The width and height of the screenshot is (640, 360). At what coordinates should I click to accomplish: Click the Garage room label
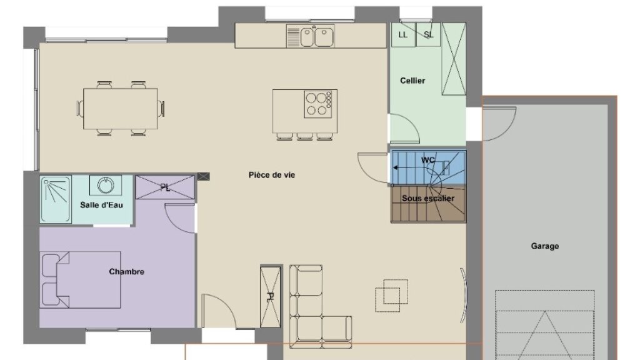click(x=544, y=246)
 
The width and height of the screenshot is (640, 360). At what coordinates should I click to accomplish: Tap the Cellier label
click(x=412, y=81)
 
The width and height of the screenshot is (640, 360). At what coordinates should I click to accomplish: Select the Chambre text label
click(x=126, y=272)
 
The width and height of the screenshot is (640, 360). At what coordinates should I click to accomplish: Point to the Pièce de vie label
click(x=272, y=175)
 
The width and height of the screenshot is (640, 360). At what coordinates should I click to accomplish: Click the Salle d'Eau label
click(x=101, y=205)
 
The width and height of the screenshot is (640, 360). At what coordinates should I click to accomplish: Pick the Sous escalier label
click(x=427, y=198)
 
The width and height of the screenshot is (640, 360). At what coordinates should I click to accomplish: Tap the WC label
click(x=427, y=160)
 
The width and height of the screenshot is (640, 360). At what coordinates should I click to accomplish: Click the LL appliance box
click(x=403, y=34)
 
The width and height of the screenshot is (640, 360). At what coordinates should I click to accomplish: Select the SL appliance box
click(x=428, y=34)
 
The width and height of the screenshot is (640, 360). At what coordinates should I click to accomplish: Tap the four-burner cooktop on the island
click(x=317, y=104)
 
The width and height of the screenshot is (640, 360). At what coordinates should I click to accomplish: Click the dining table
click(x=121, y=109)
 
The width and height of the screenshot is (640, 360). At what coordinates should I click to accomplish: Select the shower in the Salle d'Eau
click(x=56, y=199)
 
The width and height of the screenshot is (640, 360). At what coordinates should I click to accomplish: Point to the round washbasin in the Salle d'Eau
click(x=106, y=186)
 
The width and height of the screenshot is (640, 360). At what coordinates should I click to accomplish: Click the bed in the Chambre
click(x=81, y=279)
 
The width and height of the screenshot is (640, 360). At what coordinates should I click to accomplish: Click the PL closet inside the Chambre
click(x=165, y=187)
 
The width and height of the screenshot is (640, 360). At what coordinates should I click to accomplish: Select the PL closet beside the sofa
click(x=270, y=297)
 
